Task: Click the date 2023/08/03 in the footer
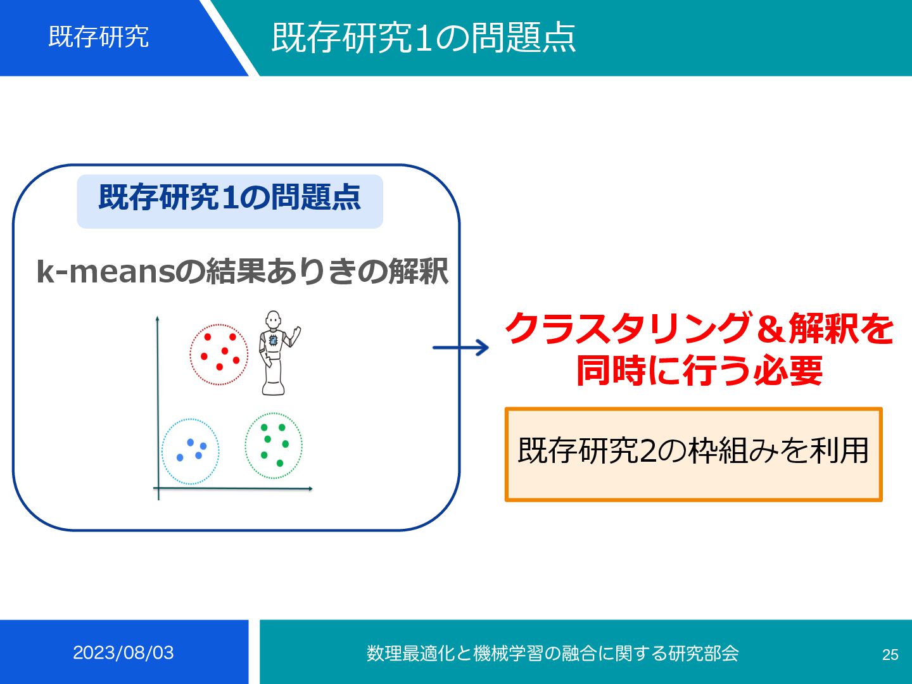(123, 652)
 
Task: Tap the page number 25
(890, 654)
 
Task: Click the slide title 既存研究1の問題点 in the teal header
(423, 37)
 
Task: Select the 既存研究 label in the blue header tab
(99, 37)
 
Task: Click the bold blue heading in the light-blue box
(229, 198)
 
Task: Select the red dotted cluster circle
(219, 354)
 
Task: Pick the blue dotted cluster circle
(190, 451)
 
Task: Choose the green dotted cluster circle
(274, 445)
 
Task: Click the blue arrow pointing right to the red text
(460, 348)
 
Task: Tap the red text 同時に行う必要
(699, 370)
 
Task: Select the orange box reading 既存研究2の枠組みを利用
(693, 454)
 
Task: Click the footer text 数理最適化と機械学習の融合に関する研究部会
(552, 653)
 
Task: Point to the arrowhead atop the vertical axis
(157, 318)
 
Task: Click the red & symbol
(769, 329)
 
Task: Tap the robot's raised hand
(296, 331)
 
